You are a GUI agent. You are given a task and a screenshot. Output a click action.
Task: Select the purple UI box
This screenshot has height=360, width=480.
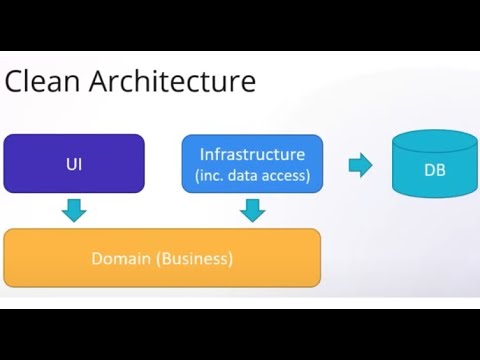74,163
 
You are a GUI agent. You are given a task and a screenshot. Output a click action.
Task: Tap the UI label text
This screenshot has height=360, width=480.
74,163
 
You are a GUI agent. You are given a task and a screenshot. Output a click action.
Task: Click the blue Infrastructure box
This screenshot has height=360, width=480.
252,164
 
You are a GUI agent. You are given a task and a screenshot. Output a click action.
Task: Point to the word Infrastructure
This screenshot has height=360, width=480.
253,154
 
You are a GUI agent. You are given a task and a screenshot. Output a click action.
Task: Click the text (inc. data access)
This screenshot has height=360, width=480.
253,176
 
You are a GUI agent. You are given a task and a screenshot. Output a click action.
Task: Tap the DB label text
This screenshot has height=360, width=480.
434,170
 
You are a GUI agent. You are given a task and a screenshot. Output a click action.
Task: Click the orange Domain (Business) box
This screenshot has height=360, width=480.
162,258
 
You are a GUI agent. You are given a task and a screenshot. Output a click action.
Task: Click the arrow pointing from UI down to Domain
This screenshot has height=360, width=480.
73,210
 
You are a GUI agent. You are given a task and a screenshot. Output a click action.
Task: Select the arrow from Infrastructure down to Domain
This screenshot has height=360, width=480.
253,210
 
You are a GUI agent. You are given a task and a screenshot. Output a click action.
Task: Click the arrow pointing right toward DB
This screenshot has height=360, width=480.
360,165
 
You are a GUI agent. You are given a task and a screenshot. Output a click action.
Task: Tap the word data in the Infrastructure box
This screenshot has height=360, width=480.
248,176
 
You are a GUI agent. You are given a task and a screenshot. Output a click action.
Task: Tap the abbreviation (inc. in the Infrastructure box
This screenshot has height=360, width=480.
212,176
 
